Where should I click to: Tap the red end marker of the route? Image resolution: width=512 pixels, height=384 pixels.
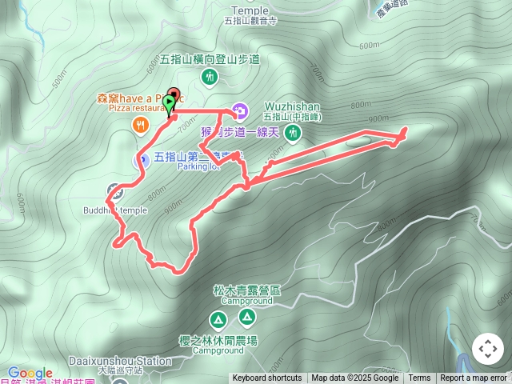(174, 94)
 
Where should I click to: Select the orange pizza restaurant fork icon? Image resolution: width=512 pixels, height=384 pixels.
(140, 124)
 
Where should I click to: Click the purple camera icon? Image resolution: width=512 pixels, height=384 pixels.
(239, 110)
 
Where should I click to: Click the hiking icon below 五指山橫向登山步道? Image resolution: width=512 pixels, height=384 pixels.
(209, 77)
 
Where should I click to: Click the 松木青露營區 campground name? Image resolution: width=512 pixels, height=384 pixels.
(247, 290)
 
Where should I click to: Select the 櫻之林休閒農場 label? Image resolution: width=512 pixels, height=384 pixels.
(225, 340)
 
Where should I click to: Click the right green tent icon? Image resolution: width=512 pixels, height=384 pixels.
(248, 318)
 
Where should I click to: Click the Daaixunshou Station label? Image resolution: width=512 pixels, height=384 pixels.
(120, 361)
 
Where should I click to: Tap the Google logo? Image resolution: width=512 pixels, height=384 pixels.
(30, 373)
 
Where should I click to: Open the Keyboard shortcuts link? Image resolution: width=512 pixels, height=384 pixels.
(267, 378)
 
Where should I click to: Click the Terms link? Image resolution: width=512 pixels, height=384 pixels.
(419, 378)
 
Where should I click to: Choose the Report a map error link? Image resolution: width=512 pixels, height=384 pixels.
(474, 378)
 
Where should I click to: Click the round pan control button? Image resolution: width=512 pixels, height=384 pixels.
(487, 350)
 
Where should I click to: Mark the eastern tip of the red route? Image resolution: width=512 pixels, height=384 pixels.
(405, 129)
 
